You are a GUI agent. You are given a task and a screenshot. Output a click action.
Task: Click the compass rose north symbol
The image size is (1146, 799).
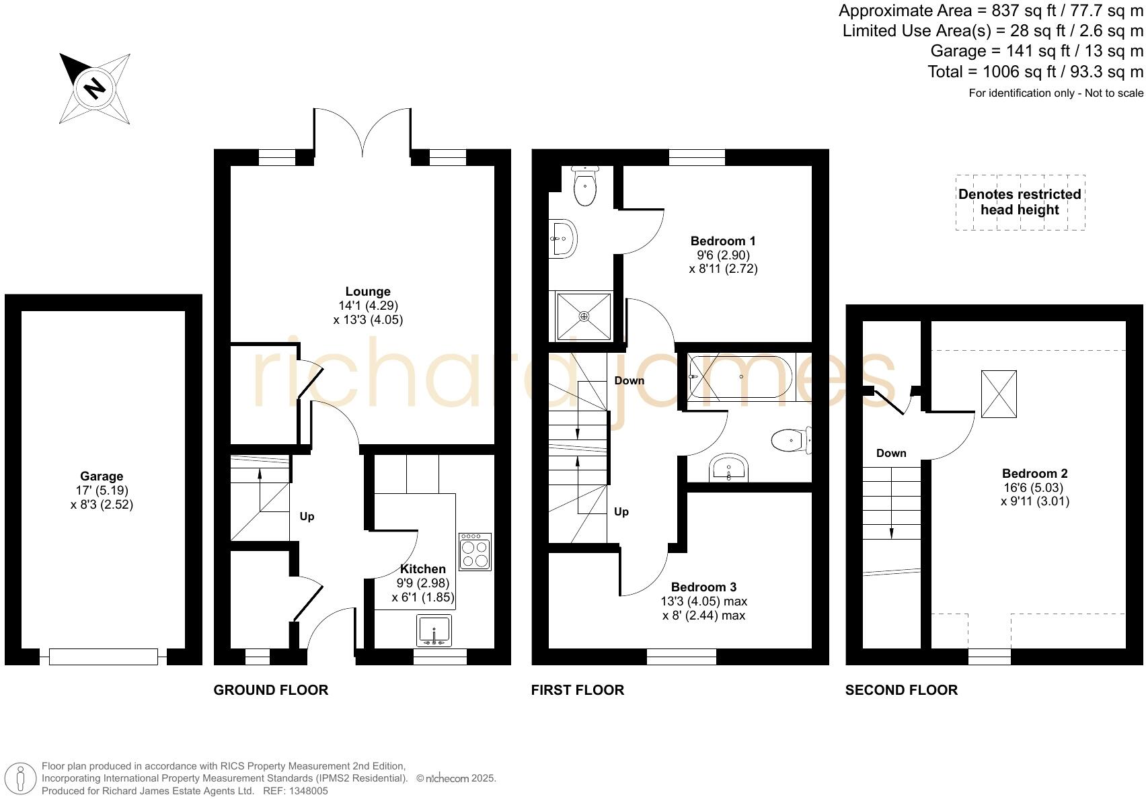(x=95, y=88)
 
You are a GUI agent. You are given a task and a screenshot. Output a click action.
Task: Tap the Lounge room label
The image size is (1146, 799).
(x=367, y=292)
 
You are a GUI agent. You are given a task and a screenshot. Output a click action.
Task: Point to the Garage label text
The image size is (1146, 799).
(x=102, y=476)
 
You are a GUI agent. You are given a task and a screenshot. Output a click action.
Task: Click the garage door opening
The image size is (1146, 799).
(x=103, y=657)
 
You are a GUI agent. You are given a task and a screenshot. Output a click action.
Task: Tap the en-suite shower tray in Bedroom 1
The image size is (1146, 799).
(x=584, y=316)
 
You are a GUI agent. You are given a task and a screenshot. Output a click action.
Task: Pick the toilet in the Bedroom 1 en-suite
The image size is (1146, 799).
(x=585, y=187)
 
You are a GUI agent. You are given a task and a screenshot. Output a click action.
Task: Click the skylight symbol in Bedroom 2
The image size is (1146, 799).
(x=999, y=394)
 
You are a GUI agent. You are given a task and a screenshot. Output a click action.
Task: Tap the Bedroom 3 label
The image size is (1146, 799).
(x=703, y=587)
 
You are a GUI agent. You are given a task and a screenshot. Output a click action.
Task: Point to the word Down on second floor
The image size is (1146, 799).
(x=891, y=454)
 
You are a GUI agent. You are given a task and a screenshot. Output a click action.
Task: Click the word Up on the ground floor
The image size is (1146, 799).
(x=307, y=517)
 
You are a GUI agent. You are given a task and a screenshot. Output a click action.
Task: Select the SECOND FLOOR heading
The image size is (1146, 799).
(x=901, y=690)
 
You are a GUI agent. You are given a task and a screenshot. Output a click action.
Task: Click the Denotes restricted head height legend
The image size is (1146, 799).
(x=1020, y=202)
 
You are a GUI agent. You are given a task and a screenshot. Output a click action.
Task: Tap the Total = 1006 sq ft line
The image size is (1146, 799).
(x=1035, y=72)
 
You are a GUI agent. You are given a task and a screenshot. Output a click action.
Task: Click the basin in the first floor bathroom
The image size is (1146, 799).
(x=729, y=467)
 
